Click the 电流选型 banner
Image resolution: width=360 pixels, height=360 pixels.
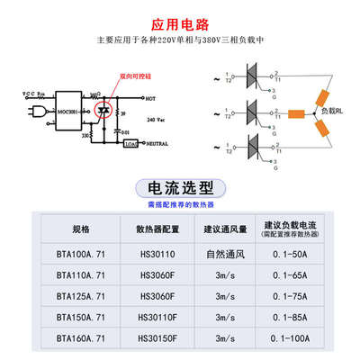[x=180, y=188]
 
